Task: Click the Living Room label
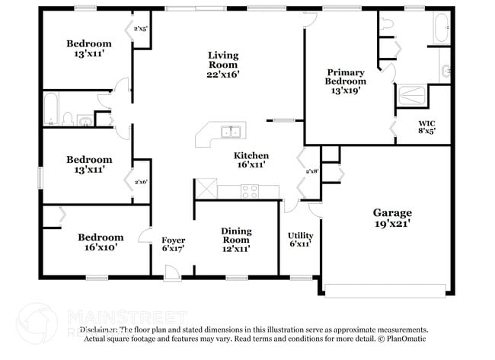pyautogui.click(x=224, y=65)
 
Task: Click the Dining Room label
pyautogui.click(x=236, y=240)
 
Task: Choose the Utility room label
pyautogui.click(x=300, y=241)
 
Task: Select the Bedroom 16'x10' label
pyautogui.click(x=100, y=242)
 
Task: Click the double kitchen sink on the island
pyautogui.click(x=231, y=132)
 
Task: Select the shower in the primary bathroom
pyautogui.click(x=412, y=96)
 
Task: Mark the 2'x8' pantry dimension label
pyautogui.click(x=311, y=172)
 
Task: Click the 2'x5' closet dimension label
pyautogui.click(x=140, y=29)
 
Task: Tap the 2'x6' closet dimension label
pyautogui.click(x=140, y=183)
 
